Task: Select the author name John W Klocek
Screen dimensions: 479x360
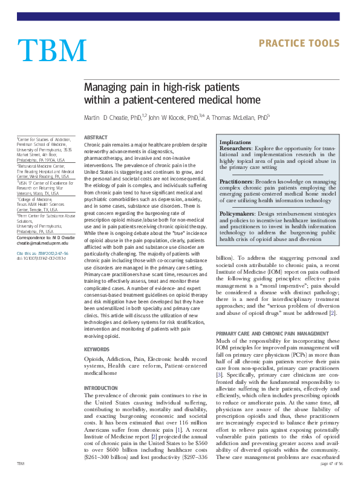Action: click(x=170, y=117)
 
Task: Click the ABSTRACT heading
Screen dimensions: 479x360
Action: click(x=96, y=138)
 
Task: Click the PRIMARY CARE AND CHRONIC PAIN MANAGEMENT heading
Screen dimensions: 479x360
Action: click(x=269, y=333)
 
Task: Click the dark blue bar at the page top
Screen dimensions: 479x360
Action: click(x=180, y=16)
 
